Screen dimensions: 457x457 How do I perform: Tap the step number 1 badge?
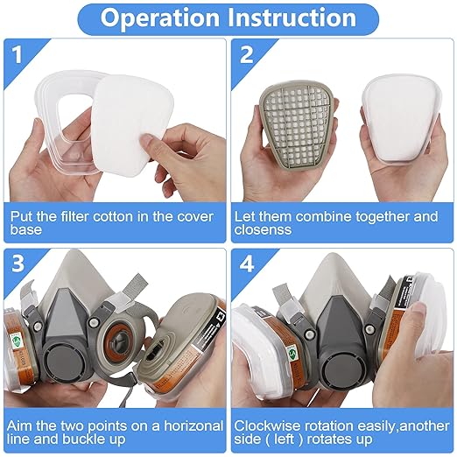[x=17, y=55]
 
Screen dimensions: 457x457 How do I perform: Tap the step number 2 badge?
[x=247, y=55]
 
